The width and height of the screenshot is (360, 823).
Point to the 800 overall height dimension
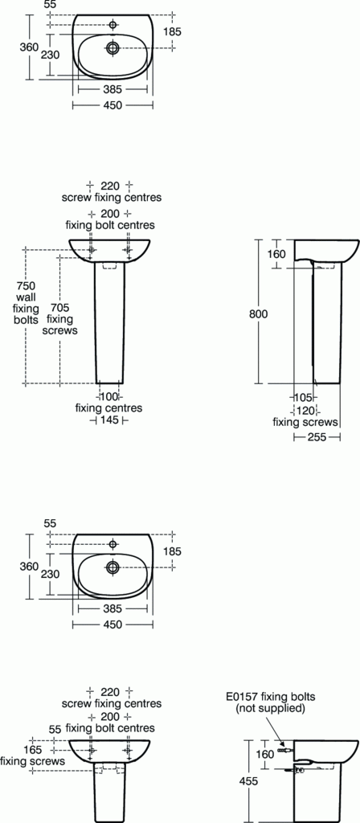258,313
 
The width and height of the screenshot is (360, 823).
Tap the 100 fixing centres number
108,396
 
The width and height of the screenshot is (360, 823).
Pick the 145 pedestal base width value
108,420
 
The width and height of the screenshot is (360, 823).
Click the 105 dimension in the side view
302,398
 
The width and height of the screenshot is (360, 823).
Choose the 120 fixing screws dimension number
305,410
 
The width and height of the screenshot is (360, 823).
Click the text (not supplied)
270,708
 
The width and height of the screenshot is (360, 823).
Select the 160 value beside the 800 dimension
276,255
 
